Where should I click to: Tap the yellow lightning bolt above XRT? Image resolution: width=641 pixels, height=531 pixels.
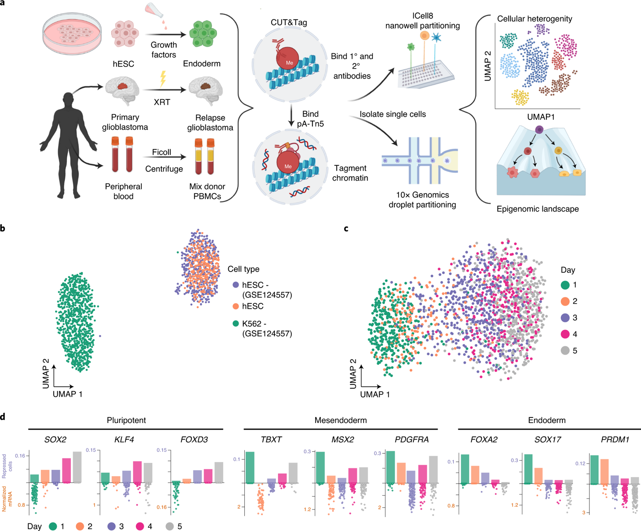163,79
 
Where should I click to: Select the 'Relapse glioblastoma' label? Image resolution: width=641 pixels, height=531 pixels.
210,123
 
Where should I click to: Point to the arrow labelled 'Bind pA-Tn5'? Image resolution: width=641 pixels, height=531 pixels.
291,116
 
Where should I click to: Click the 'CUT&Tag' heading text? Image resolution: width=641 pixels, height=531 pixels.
289,22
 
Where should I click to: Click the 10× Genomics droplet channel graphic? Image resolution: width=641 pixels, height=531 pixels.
419,160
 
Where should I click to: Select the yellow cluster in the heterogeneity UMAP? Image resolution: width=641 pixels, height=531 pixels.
520,97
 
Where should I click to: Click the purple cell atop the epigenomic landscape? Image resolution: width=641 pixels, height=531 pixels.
539,130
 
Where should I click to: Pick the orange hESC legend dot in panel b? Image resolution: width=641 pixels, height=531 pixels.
236,307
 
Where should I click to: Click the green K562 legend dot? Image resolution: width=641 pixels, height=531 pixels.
236,324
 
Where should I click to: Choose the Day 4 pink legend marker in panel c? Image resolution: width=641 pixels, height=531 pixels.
565,334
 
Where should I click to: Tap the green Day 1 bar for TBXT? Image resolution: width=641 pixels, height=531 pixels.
250,467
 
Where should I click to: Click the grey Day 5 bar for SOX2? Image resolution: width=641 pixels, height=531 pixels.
77,467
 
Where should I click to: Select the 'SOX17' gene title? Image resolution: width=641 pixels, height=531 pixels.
548,440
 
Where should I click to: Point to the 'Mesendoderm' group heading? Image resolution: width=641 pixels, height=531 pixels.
341,420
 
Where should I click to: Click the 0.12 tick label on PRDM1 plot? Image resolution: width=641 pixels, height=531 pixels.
580,463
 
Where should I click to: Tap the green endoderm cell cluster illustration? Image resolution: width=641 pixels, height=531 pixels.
203,34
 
